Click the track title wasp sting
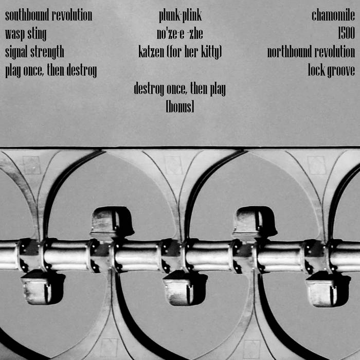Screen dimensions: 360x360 coord(26,34)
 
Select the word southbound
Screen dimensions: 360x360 coord(27,15)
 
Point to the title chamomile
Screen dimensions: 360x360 coord(333,15)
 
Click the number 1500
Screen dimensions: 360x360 coord(347,33)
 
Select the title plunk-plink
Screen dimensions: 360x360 coord(180,16)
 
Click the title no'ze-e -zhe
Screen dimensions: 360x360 coord(180,33)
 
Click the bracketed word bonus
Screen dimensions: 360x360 coord(180,107)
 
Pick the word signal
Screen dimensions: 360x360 coord(16,52)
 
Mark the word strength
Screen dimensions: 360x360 coord(47,52)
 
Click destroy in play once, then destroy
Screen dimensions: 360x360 coord(82,71)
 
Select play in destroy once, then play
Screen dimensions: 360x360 coord(218,89)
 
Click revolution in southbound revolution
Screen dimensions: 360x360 coord(72,15)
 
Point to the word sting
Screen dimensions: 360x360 coord(37,34)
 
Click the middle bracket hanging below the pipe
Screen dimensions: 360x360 coord(185,288)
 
